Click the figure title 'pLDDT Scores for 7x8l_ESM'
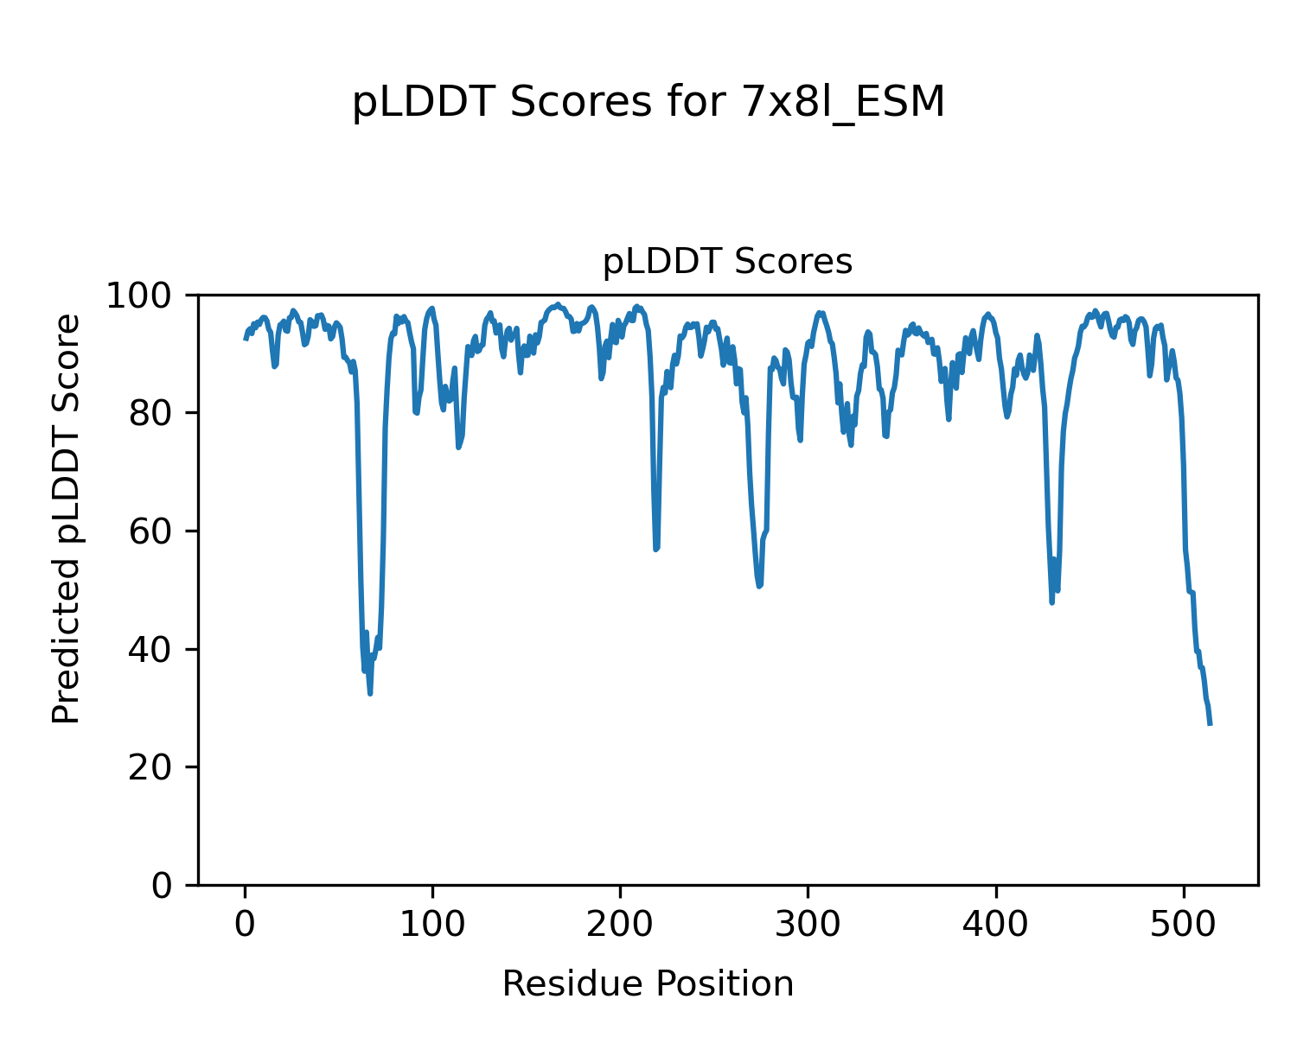(648, 103)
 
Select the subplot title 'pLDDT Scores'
(727, 262)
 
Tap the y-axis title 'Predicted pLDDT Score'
(67, 518)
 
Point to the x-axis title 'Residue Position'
(648, 983)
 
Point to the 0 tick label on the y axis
(170, 886)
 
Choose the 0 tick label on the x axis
(246, 924)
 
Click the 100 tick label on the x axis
(432, 924)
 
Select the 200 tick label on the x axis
(620, 924)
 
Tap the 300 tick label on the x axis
(808, 924)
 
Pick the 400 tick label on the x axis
(995, 924)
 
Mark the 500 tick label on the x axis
(1183, 924)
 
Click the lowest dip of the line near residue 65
(370, 694)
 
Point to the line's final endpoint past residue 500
(1210, 724)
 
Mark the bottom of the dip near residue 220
(656, 550)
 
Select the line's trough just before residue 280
(759, 587)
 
